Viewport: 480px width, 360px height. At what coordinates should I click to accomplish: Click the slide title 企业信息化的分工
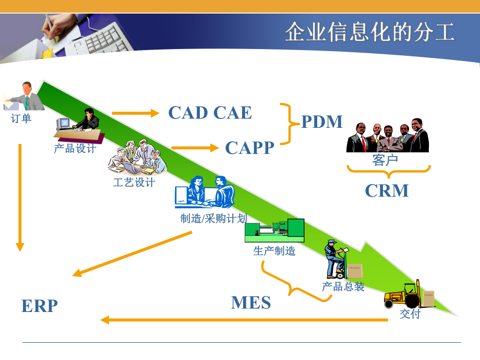tap(369, 32)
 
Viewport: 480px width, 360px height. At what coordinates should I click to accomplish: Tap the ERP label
tap(40, 306)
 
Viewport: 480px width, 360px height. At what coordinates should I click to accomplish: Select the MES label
tap(251, 303)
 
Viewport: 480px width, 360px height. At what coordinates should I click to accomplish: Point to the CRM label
tap(387, 190)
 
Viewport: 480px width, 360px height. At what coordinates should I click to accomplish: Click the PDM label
tap(322, 122)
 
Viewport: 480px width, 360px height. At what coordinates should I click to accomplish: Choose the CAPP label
tap(249, 148)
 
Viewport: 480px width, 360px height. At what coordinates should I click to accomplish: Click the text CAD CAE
tap(210, 113)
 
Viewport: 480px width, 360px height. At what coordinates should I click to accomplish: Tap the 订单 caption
tap(21, 118)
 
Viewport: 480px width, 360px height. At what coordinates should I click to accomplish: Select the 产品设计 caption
tap(75, 148)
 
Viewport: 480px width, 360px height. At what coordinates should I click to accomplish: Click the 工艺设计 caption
tap(134, 182)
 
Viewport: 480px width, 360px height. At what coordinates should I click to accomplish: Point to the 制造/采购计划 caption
tap(213, 218)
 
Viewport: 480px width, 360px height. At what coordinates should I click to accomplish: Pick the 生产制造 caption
tap(274, 251)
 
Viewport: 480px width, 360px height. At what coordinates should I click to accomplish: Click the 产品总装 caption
tap(343, 286)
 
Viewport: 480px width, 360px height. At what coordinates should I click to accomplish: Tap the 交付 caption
tap(410, 314)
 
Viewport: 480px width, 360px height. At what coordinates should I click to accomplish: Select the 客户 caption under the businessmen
tap(385, 160)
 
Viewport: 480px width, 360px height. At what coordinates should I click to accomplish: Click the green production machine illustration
tap(274, 231)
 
